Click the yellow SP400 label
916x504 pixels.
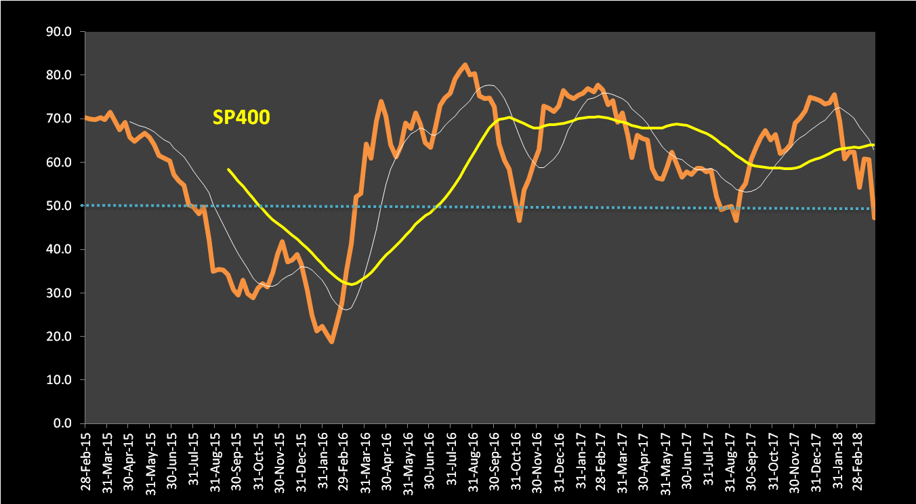241,118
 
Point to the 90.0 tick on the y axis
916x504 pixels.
61,31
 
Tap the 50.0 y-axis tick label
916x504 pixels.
61,206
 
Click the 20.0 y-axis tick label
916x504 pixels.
61,337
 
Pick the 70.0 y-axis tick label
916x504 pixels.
61,119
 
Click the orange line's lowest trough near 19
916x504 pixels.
331,341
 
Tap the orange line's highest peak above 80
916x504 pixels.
465,65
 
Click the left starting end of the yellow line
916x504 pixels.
228,169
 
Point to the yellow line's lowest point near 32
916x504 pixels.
351,284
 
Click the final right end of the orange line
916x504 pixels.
873,217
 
